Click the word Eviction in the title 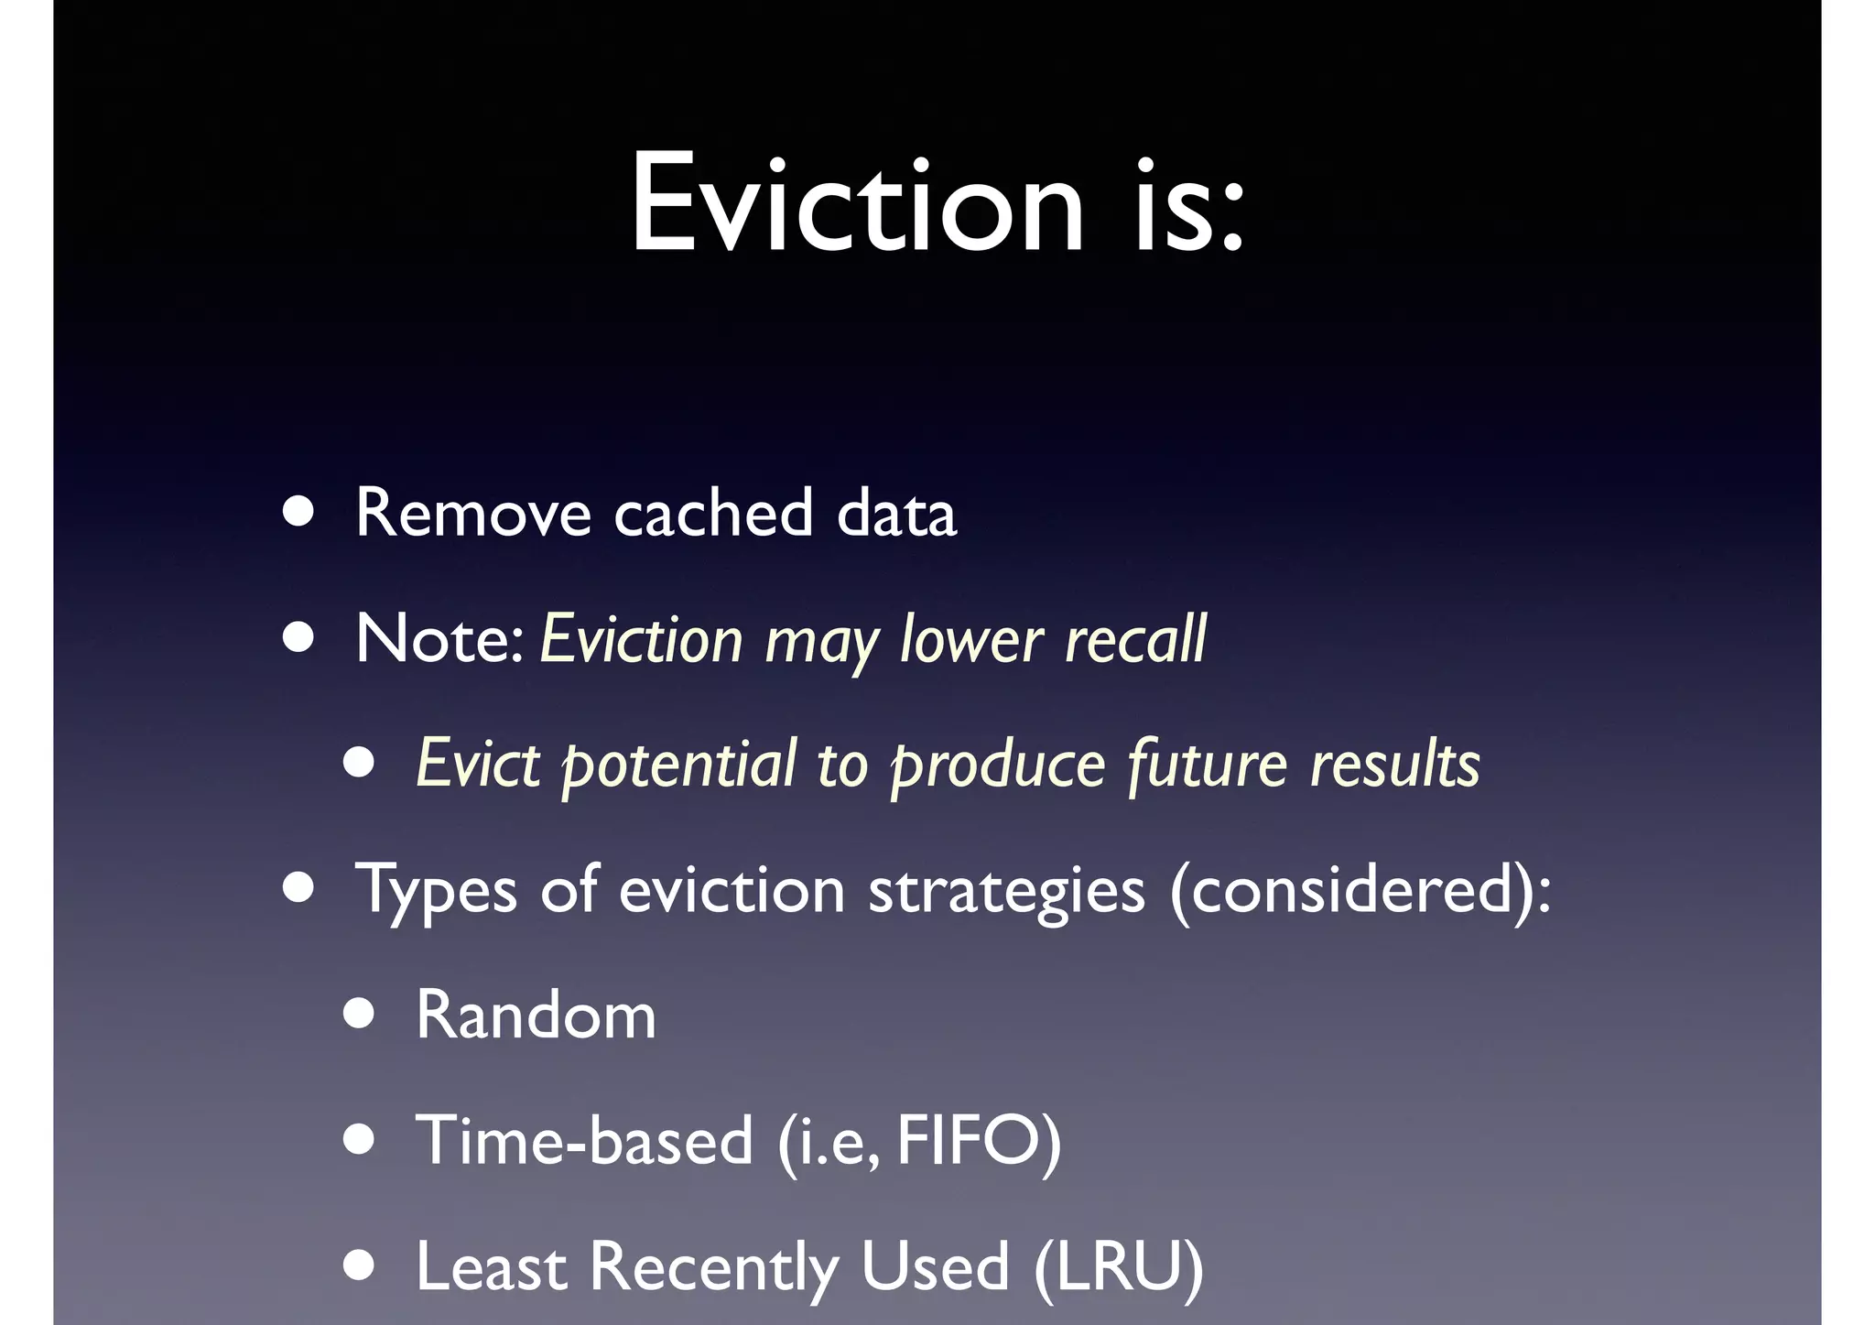click(x=857, y=203)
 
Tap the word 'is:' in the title click(x=1189, y=203)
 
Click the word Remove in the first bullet click(x=472, y=513)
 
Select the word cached click(x=713, y=513)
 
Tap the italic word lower click(x=971, y=638)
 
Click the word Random click(x=536, y=1015)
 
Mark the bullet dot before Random click(x=359, y=1015)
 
